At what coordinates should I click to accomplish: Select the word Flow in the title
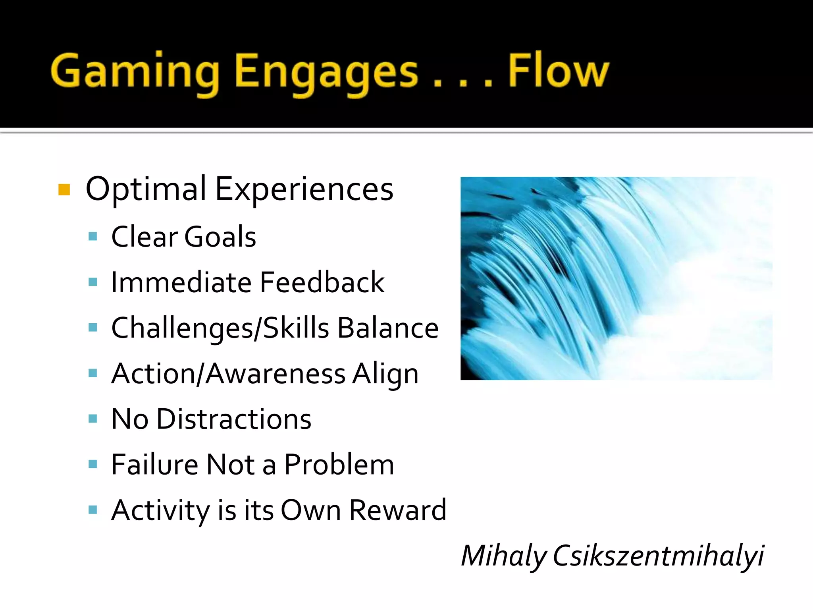[558, 71]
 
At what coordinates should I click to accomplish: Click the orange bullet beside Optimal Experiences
[64, 190]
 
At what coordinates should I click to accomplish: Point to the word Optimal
[146, 189]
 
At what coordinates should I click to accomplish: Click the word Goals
[220, 237]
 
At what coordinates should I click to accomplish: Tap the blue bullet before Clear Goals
[93, 237]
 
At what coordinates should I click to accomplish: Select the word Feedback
[322, 282]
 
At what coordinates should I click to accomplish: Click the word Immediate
[181, 282]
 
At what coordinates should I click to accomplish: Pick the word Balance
[388, 328]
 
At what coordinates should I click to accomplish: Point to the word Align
[385, 374]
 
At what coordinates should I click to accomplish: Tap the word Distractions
[234, 419]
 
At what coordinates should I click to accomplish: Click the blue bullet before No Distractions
[93, 419]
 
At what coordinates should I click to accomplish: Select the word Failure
[154, 465]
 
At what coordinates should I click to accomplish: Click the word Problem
[339, 465]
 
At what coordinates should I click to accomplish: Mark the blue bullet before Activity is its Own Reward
[93, 510]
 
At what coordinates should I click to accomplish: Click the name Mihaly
[503, 556]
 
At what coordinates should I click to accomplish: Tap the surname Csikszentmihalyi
[658, 556]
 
